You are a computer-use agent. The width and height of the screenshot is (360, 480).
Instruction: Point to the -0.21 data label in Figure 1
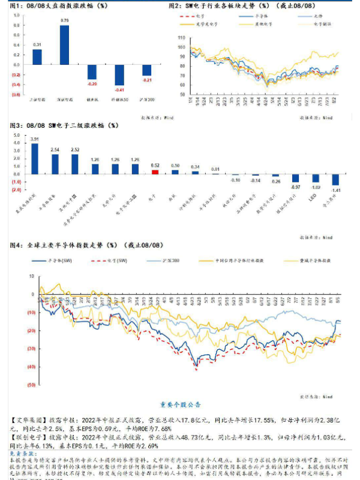coord(146,80)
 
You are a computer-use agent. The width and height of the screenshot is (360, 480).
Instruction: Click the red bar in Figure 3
coord(155,172)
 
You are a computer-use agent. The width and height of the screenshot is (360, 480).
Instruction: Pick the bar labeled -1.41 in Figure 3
coord(335,179)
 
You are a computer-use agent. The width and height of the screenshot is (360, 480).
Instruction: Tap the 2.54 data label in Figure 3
coord(55,149)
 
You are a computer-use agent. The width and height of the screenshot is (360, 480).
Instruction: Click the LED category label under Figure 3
coord(312,196)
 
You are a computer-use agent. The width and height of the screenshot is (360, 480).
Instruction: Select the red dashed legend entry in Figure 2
coord(196,16)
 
